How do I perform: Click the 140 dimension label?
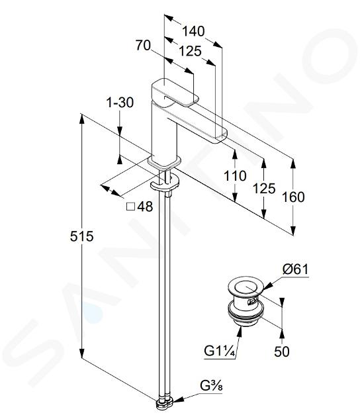point(193,31)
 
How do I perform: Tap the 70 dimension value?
point(144,45)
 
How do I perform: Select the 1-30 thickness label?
point(120,103)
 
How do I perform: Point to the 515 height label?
point(82,236)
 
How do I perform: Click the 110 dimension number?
point(235,176)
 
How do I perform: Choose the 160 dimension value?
point(293,197)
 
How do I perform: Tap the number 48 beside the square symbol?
point(145,207)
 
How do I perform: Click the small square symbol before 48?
point(130,207)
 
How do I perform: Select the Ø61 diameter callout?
point(295,269)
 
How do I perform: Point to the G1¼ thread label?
point(220,351)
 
